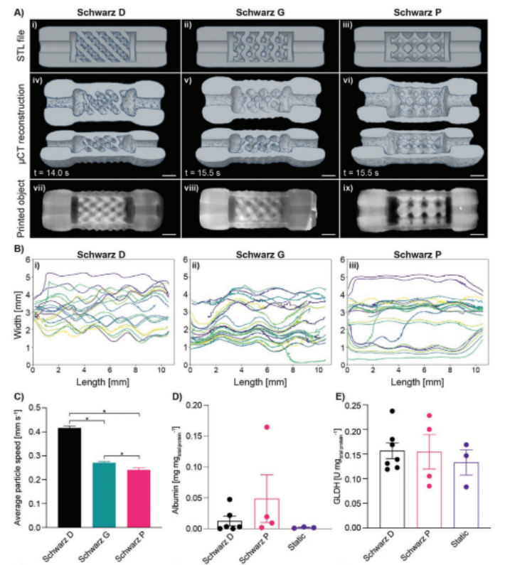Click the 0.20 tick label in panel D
point(195,404)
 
